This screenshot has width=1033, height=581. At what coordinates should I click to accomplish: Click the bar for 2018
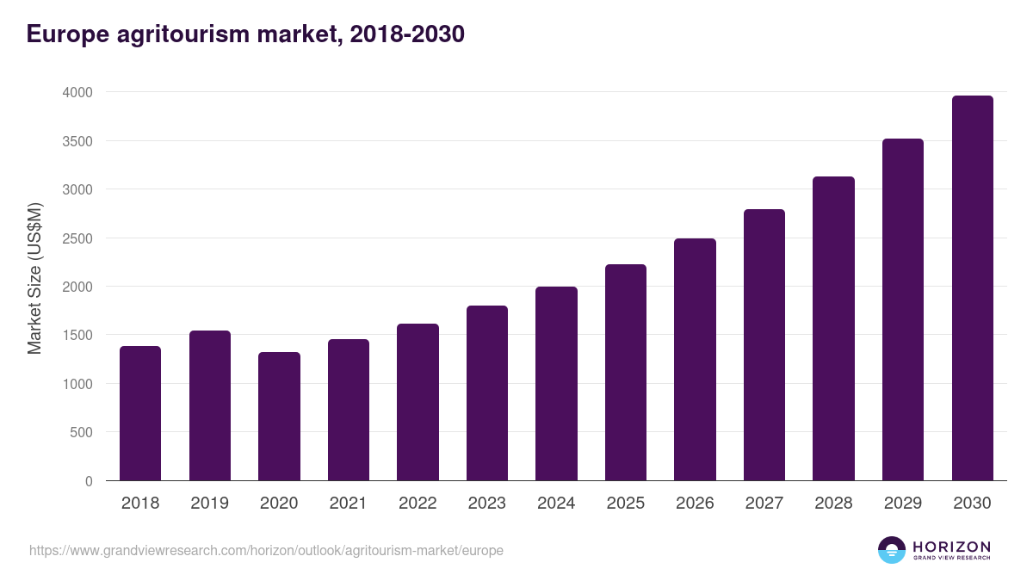click(140, 413)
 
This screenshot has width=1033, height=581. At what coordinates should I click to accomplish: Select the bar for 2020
click(279, 417)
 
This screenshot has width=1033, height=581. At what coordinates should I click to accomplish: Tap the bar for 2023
click(487, 393)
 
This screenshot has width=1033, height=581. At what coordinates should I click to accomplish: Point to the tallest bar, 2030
click(972, 288)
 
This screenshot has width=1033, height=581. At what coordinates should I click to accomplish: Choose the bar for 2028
click(833, 329)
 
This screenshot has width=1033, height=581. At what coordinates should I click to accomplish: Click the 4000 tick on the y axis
click(77, 92)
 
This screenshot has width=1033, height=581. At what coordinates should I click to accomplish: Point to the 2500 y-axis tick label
click(77, 238)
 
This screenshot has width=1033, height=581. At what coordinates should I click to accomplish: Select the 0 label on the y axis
click(89, 481)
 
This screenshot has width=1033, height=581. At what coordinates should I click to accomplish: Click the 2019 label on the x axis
click(209, 504)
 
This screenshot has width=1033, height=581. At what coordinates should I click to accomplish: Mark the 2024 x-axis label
click(556, 504)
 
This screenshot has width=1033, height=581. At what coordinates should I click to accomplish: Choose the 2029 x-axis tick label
click(902, 504)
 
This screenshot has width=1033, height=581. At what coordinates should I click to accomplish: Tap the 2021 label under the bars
click(348, 504)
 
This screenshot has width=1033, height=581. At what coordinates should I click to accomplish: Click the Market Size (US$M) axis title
click(34, 278)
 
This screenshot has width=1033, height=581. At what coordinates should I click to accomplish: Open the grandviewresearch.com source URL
click(266, 550)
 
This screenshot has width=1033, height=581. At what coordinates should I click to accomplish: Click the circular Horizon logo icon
click(891, 550)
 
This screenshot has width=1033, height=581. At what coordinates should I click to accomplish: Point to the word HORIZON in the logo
click(951, 546)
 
